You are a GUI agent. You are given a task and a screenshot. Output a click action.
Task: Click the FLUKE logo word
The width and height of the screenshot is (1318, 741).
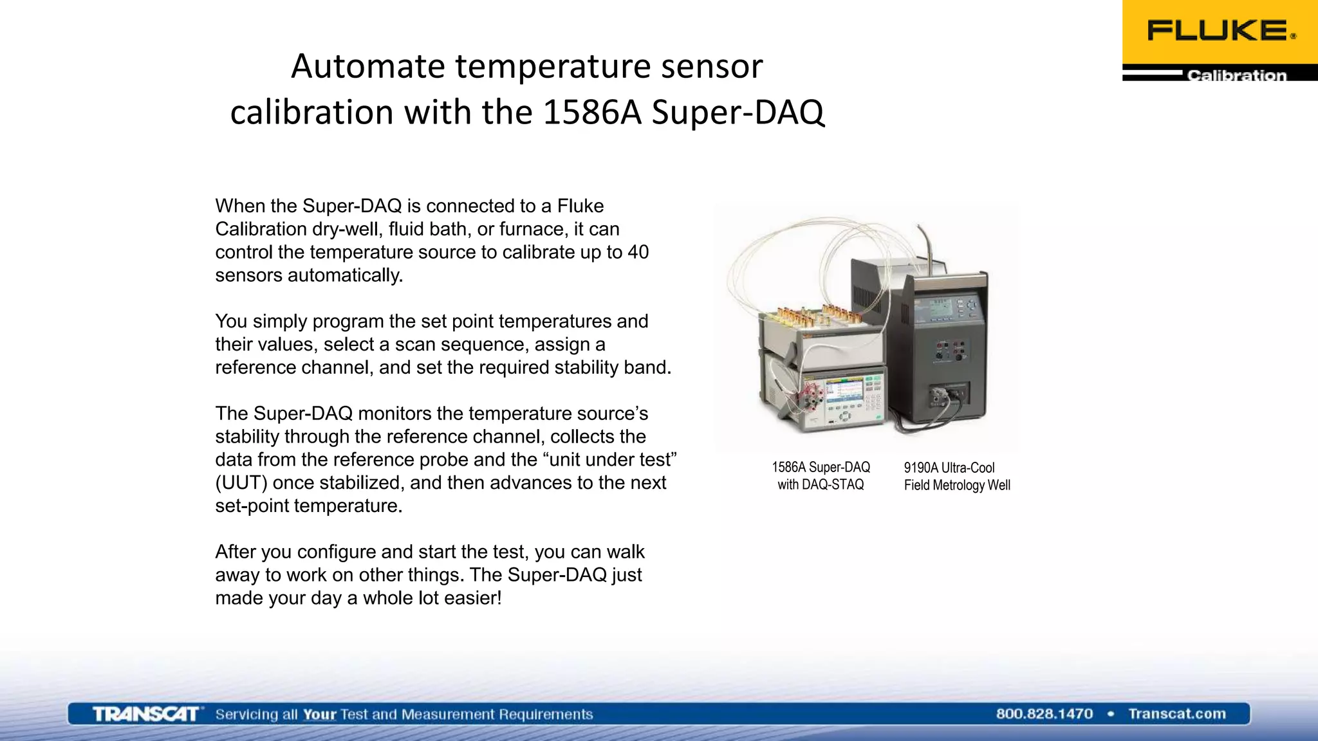[x=1218, y=30]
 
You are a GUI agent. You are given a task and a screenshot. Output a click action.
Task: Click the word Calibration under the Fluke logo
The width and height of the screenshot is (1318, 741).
[x=1236, y=75]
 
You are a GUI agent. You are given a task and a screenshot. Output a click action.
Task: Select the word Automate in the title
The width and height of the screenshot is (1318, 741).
[x=368, y=66]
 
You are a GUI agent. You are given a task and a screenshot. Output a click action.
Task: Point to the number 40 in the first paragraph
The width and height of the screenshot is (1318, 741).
[x=637, y=252]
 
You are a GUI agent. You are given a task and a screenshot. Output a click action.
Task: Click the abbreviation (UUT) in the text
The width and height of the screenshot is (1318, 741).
[x=241, y=482]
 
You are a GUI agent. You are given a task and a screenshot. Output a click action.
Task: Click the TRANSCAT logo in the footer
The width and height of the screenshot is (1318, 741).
[x=147, y=714]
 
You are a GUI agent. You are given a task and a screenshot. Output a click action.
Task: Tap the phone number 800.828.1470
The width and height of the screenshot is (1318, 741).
[x=1044, y=713]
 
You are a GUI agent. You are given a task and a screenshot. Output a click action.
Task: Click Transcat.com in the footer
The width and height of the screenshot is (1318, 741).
[x=1176, y=713]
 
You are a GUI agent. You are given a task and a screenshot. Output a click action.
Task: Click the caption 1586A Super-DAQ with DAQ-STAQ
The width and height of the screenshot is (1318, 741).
[x=821, y=476]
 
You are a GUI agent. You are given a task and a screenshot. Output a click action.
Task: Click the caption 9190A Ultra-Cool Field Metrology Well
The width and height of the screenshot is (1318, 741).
[x=956, y=477]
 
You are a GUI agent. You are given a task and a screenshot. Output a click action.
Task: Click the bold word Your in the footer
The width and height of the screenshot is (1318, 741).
[x=319, y=714]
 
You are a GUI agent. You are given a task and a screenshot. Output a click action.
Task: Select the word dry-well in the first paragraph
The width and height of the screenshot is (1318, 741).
[x=348, y=229]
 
